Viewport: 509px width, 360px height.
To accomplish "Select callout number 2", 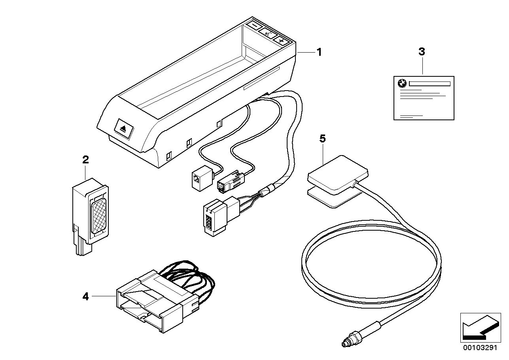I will click(85, 160).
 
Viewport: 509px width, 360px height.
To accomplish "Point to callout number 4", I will click(85, 296).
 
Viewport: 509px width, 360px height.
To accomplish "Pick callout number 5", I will click(322, 138).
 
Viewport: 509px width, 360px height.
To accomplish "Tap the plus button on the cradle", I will click(281, 40).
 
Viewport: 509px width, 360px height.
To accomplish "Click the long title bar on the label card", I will click(429, 84).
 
